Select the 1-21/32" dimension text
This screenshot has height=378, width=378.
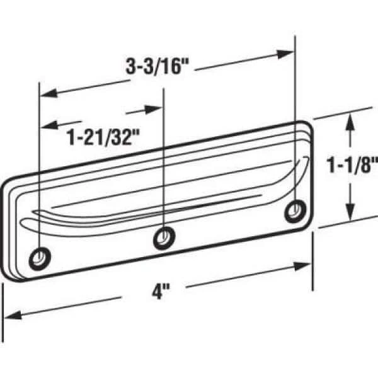click(x=103, y=137)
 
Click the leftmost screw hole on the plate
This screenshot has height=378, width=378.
click(x=42, y=256)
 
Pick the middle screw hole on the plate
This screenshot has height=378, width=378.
click(x=164, y=237)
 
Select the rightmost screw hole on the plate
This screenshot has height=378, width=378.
click(x=294, y=210)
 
